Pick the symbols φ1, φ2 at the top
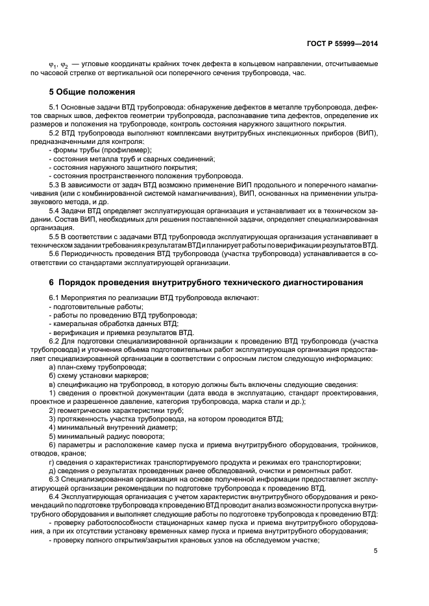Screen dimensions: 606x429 (59, 65)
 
